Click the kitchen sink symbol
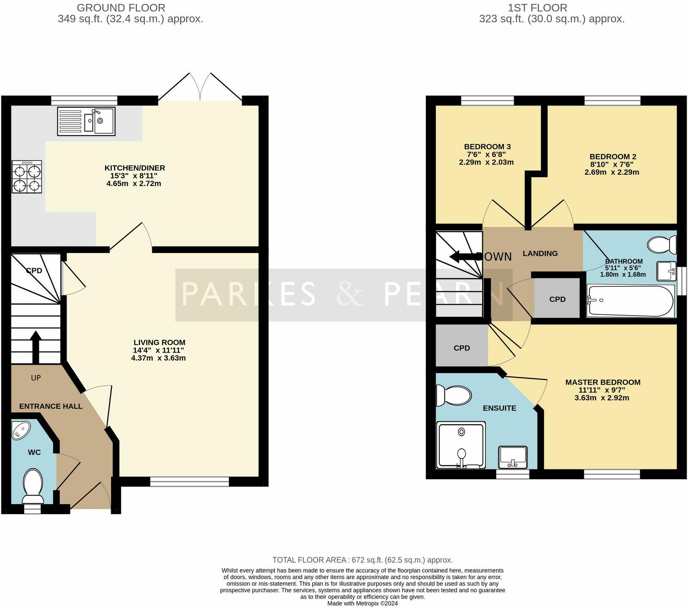86,121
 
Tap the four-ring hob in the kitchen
27,177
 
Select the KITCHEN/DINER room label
135,168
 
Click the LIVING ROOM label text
159,343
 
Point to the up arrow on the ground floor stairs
36,346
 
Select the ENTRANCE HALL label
51,406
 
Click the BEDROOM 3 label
487,147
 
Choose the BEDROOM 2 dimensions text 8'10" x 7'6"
612,165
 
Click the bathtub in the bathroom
630,301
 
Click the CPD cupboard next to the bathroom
557,299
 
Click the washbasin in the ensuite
513,457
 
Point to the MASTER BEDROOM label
602,382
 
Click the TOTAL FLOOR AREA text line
363,560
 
